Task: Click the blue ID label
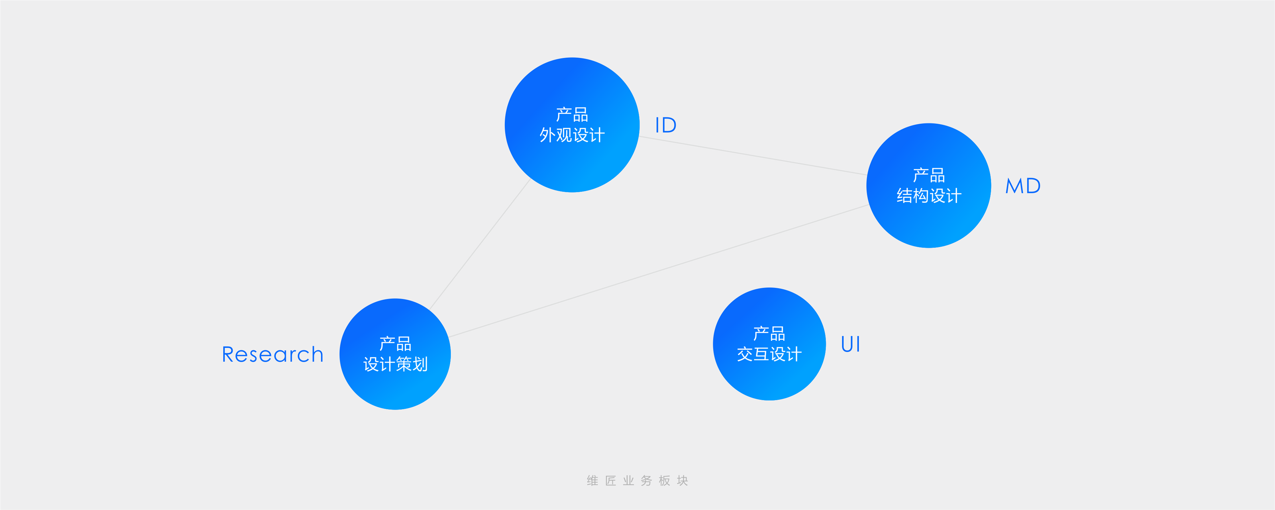(x=665, y=125)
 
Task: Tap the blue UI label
(x=850, y=344)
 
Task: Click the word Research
(x=272, y=354)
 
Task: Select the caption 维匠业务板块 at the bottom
(x=637, y=480)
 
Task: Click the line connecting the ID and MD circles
(x=752, y=155)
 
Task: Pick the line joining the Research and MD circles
(x=658, y=271)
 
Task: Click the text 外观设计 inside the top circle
(x=572, y=135)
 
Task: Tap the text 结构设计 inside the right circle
(x=928, y=196)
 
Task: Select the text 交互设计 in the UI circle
(x=769, y=354)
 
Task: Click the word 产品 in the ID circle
(x=572, y=115)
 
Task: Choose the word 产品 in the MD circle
(x=928, y=175)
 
